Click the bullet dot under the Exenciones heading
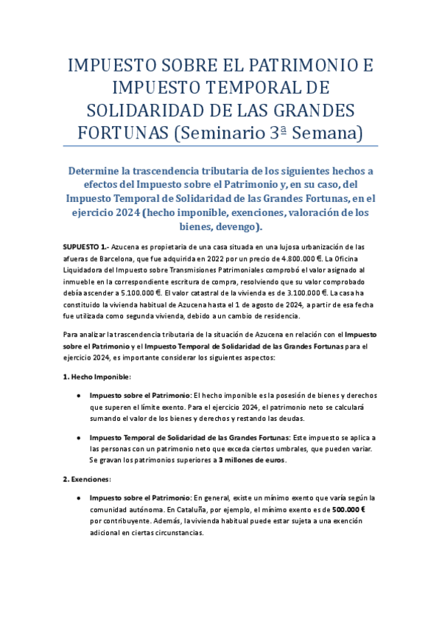(x=78, y=497)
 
